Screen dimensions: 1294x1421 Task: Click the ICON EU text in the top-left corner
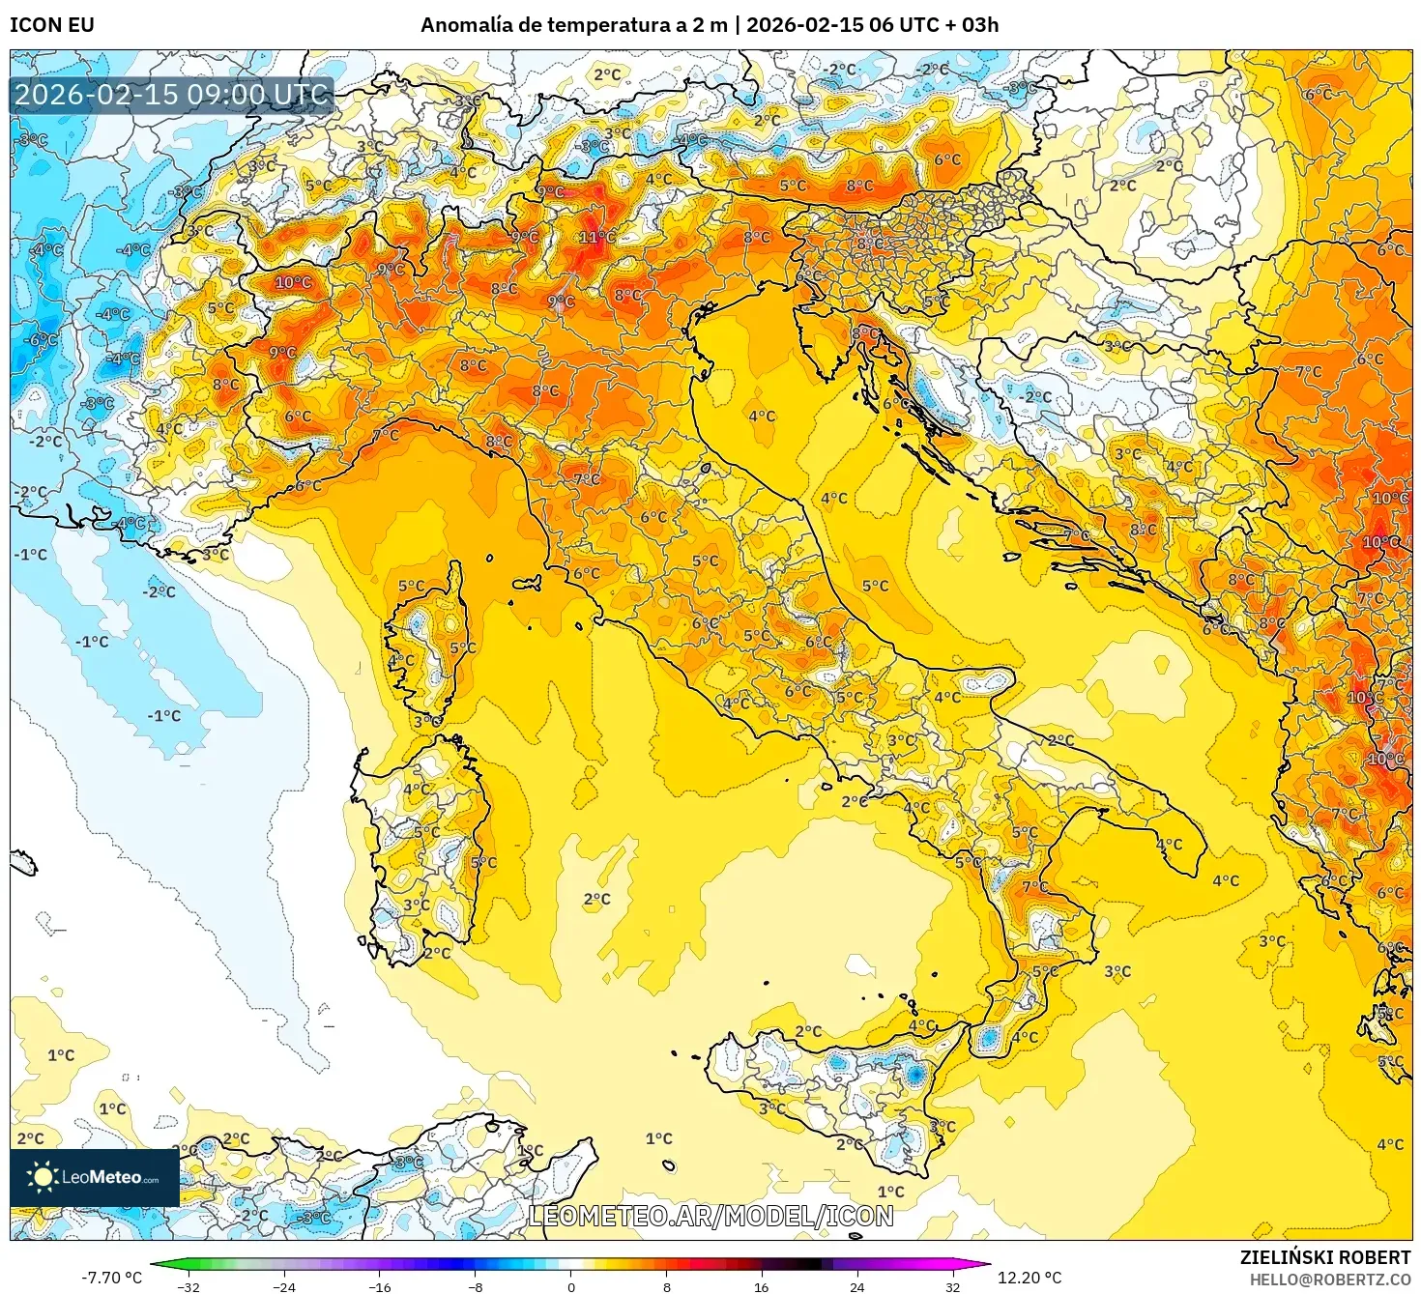click(52, 25)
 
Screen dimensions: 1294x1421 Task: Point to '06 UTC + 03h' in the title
click(933, 25)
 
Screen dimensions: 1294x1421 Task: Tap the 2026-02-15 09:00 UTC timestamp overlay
click(171, 95)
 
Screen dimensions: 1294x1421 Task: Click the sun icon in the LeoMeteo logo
click(43, 1176)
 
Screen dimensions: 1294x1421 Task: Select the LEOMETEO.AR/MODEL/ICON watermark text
click(710, 1216)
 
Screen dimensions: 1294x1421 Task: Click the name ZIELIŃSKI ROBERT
click(1325, 1257)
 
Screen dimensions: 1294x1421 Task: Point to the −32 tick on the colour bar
click(188, 1286)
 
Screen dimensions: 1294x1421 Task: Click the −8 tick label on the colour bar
click(475, 1286)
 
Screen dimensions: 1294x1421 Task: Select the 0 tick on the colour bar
click(570, 1286)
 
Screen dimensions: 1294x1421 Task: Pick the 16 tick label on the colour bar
click(761, 1286)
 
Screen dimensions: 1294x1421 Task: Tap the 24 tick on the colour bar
click(856, 1286)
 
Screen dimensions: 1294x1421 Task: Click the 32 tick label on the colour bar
click(952, 1286)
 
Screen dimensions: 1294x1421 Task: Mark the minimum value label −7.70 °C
click(111, 1278)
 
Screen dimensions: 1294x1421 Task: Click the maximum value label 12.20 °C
click(1029, 1278)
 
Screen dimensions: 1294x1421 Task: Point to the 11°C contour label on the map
click(595, 237)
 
